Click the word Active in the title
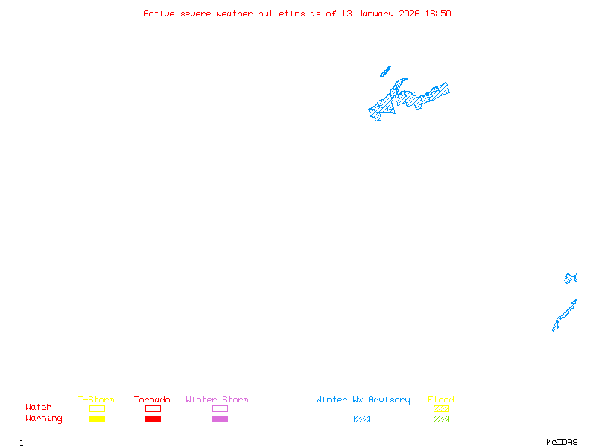click(x=159, y=13)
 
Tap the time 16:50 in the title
click(x=437, y=13)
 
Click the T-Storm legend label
click(x=96, y=399)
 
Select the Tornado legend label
click(x=152, y=399)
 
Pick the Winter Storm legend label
click(x=217, y=399)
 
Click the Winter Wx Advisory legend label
click(x=363, y=399)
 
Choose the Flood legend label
click(x=441, y=399)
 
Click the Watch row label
click(x=39, y=408)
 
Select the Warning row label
click(x=44, y=419)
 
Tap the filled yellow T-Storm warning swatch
click(x=97, y=419)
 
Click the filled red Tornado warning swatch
click(x=153, y=419)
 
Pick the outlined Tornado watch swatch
click(x=153, y=408)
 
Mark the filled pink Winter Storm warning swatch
click(x=220, y=419)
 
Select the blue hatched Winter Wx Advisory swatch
click(x=361, y=419)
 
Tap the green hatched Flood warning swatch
click(x=441, y=419)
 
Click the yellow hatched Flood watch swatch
click(x=441, y=408)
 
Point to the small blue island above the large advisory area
click(x=385, y=72)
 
